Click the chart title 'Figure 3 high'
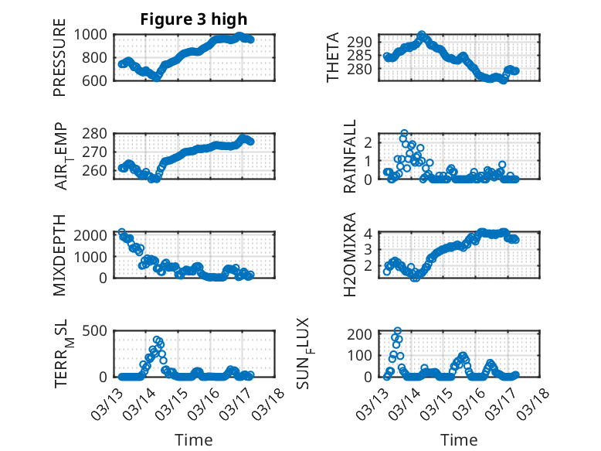(194, 19)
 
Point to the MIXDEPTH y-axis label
(59, 255)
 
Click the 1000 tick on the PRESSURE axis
(96, 35)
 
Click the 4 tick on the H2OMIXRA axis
(369, 233)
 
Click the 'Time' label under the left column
(194, 440)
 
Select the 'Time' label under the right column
(460, 440)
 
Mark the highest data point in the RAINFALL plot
(404, 134)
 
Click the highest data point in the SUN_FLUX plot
(398, 331)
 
